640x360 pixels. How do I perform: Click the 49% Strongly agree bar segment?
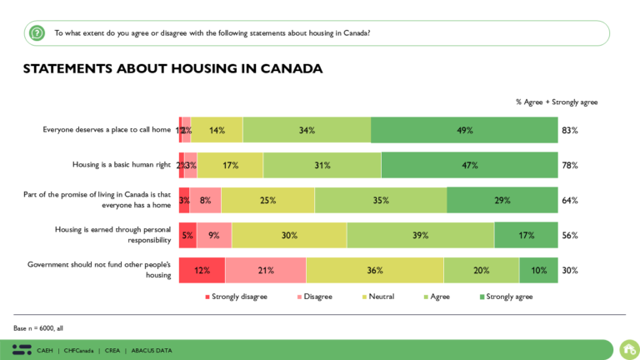click(464, 130)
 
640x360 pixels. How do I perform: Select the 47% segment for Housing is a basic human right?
click(469, 165)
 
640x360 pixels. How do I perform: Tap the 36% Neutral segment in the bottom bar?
click(374, 270)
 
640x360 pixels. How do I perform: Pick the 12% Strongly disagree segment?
click(201, 270)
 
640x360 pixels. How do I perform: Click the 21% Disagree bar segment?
click(265, 270)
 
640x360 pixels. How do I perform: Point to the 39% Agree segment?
click(420, 235)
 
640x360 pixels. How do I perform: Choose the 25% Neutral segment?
click(267, 200)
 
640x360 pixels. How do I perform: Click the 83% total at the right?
click(569, 130)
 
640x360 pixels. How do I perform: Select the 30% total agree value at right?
click(569, 270)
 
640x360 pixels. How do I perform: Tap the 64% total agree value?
click(569, 200)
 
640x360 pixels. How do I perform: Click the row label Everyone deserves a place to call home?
click(107, 130)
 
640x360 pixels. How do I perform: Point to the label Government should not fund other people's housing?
click(99, 270)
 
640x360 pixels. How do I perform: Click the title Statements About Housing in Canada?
click(172, 68)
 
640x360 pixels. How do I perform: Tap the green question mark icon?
click(37, 33)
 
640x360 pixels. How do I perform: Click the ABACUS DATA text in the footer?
click(151, 350)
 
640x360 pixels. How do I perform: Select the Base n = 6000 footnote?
click(38, 328)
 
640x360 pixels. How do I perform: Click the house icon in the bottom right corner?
click(628, 348)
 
